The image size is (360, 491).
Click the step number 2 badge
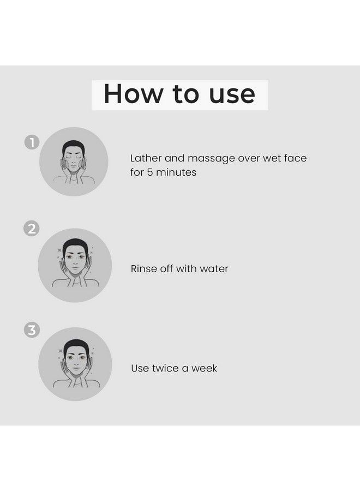click(x=32, y=229)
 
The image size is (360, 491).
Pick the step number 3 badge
click(x=32, y=330)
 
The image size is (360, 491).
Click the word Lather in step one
click(x=145, y=158)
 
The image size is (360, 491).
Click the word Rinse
click(x=144, y=268)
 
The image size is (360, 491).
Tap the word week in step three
click(x=205, y=368)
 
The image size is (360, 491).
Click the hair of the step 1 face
click(x=74, y=143)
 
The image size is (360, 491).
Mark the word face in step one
click(x=295, y=158)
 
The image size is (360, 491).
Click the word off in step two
click(x=167, y=268)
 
